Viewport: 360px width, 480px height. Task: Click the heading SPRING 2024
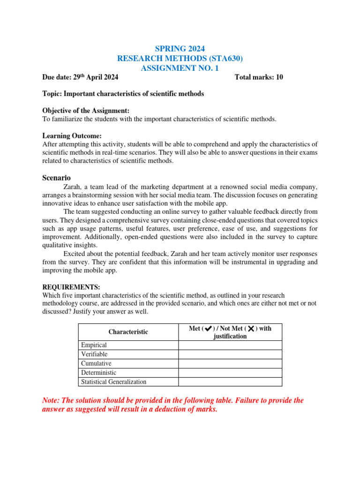(180, 48)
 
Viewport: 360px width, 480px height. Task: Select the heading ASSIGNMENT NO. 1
(180, 68)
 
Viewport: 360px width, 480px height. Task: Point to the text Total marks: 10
(258, 77)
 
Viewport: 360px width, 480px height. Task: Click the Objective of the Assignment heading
(86, 111)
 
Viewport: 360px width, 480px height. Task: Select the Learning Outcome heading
(72, 136)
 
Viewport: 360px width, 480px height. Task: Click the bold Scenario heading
(56, 178)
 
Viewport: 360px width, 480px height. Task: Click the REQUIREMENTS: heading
(71, 287)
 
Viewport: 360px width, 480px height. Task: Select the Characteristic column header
(128, 332)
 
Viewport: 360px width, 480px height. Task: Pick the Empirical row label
(94, 345)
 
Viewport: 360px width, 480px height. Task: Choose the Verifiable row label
(94, 354)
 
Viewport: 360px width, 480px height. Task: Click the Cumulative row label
(96, 363)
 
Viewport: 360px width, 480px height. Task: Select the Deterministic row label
(98, 373)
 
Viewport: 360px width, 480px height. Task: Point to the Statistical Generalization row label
(113, 382)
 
